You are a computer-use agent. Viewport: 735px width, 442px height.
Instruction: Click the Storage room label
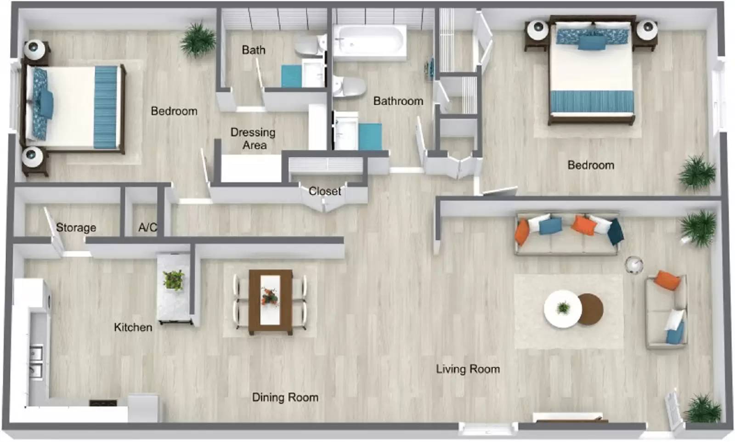point(76,227)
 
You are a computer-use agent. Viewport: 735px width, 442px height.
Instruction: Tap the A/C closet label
point(147,227)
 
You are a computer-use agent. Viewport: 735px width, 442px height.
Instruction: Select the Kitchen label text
point(133,327)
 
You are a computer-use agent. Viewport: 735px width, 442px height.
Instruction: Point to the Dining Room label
point(285,397)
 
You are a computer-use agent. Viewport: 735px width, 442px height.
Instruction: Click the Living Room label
point(468,369)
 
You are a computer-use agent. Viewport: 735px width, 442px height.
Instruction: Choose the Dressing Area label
point(253,139)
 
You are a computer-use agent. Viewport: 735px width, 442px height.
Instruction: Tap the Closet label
point(325,191)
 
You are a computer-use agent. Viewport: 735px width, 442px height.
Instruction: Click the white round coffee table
point(562,309)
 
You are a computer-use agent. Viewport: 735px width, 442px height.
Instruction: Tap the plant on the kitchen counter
point(174,279)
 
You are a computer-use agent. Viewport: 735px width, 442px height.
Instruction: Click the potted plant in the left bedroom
point(198,39)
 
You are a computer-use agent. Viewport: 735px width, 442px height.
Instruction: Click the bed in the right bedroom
point(592,74)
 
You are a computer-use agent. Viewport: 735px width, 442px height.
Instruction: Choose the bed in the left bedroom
point(73,108)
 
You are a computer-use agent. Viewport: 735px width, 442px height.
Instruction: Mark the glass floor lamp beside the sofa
point(634,265)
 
